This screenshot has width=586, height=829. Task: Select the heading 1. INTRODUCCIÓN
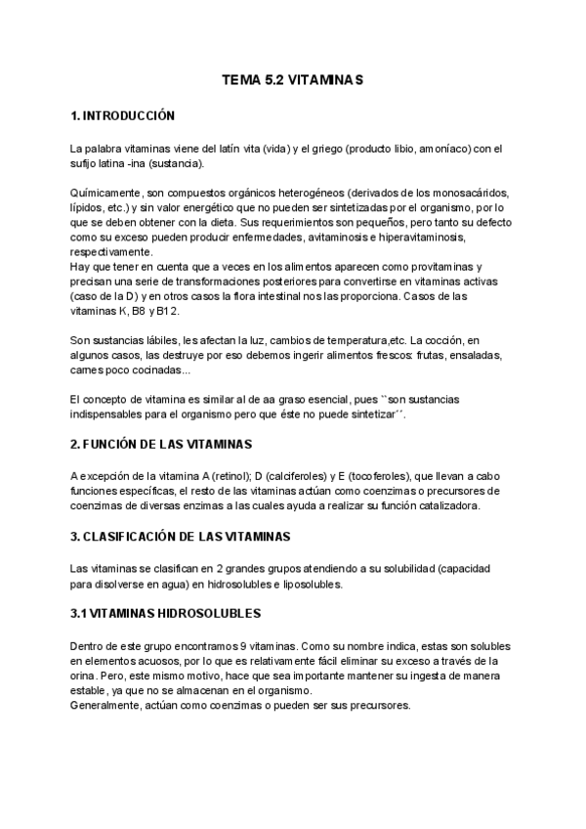pyautogui.click(x=123, y=116)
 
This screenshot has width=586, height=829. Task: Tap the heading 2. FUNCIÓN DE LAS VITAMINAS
pyautogui.click(x=162, y=444)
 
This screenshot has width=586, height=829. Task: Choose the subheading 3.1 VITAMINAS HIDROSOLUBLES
pyautogui.click(x=165, y=613)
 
